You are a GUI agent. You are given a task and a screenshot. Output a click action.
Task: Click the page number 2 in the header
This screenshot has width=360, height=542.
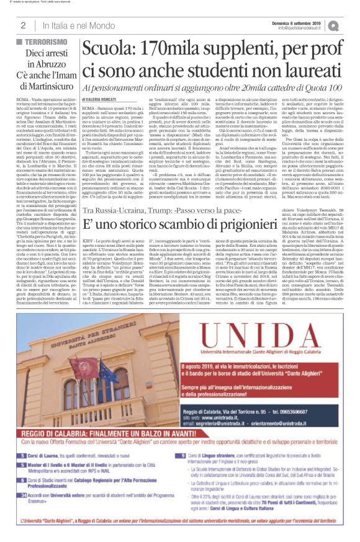(x=22, y=25)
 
